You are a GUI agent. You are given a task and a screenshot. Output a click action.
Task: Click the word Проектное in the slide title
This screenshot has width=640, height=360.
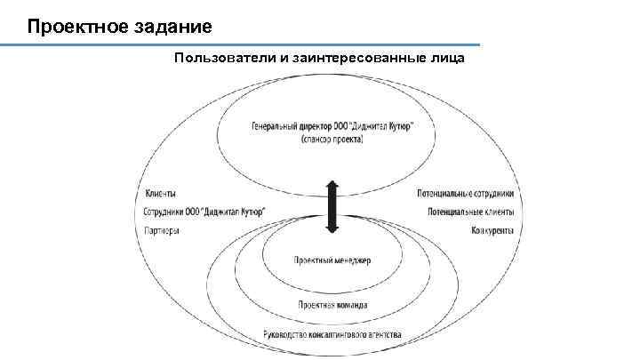pos(65,25)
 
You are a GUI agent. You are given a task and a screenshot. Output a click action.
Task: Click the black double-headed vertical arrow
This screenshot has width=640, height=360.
pos(332,206)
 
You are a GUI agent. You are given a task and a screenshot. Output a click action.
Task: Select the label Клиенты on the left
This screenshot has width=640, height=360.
pos(159,194)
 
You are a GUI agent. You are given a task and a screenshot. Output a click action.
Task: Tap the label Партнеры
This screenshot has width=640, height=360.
pos(162,231)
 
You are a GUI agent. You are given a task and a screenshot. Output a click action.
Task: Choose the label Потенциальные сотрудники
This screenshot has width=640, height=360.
pos(465,194)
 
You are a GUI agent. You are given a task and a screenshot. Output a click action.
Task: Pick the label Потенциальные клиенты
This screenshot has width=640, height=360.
pos(470,212)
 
